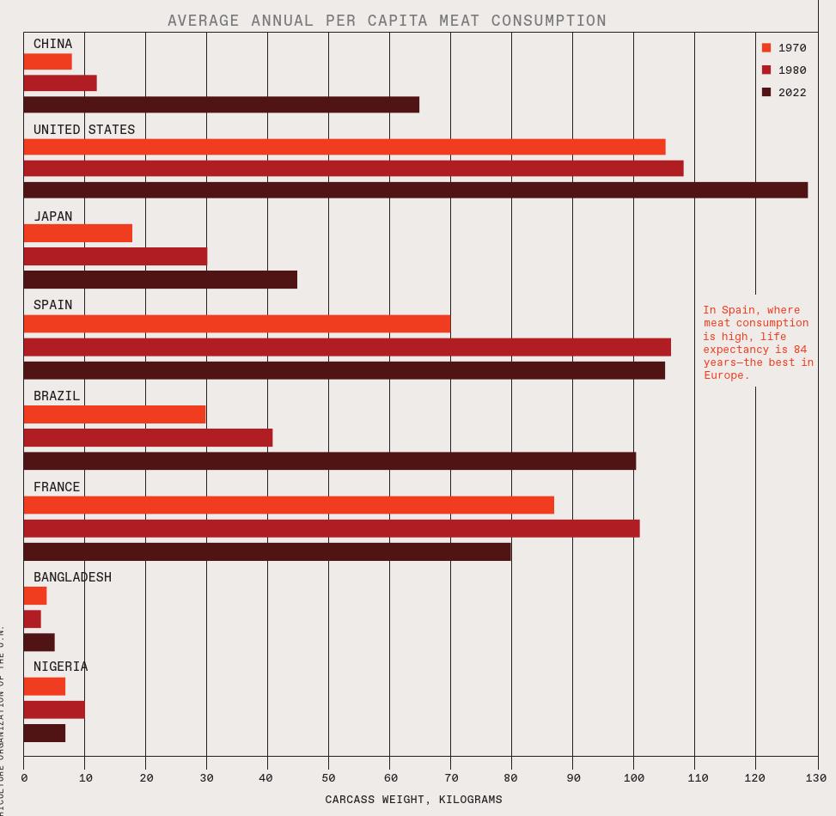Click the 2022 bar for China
pyautogui.click(x=221, y=105)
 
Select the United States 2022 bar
pyautogui.click(x=415, y=190)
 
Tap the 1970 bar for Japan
pyautogui.click(x=77, y=234)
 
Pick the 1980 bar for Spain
pyautogui.click(x=347, y=347)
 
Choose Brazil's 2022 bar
pyautogui.click(x=329, y=461)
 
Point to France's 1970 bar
pyautogui.click(x=289, y=505)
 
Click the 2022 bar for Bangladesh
pyautogui.click(x=39, y=642)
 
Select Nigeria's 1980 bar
pyautogui.click(x=54, y=709)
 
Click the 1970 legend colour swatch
pyautogui.click(x=766, y=48)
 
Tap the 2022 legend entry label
pyautogui.click(x=792, y=93)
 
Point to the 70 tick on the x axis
pyautogui.click(x=450, y=777)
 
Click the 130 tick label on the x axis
pyautogui.click(x=816, y=777)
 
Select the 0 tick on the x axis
pyautogui.click(x=24, y=777)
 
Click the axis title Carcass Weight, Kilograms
pyautogui.click(x=413, y=800)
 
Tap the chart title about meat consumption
pyautogui.click(x=387, y=20)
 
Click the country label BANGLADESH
pyautogui.click(x=72, y=577)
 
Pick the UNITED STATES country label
pyautogui.click(x=84, y=130)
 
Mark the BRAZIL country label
pyautogui.click(x=57, y=396)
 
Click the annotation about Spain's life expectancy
pyautogui.click(x=758, y=342)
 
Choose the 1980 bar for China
pyautogui.click(x=60, y=83)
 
